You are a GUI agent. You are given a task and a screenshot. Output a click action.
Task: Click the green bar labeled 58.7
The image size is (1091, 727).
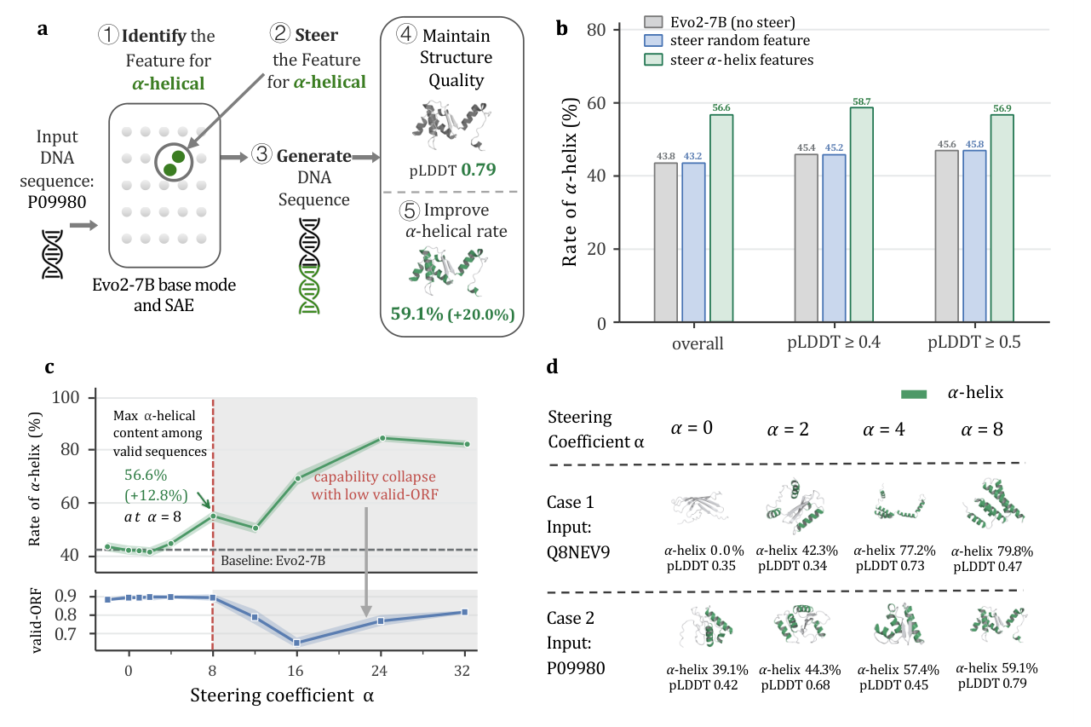click(861, 215)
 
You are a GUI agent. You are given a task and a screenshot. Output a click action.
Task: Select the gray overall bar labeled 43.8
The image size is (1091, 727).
click(665, 242)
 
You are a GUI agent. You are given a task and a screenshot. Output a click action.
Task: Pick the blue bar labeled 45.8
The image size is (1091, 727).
click(974, 236)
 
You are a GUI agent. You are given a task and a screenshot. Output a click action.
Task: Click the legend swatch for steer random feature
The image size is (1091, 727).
click(652, 40)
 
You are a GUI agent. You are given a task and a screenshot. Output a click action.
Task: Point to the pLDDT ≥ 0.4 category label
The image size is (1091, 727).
click(833, 342)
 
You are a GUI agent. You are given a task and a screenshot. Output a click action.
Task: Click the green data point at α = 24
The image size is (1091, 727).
click(382, 438)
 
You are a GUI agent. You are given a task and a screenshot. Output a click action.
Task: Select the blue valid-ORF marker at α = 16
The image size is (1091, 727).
click(296, 643)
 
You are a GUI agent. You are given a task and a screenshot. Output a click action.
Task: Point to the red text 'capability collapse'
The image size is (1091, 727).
click(375, 476)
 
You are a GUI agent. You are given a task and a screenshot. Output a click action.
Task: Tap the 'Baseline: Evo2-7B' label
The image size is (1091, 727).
click(273, 560)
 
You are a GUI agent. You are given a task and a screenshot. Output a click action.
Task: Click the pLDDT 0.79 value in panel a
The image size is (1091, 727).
click(452, 170)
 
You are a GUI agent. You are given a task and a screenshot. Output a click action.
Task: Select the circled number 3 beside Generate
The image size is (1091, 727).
click(261, 154)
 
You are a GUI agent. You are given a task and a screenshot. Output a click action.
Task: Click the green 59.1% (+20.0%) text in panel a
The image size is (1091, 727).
click(452, 314)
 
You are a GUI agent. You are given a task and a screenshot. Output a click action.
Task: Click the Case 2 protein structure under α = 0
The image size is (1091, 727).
click(706, 626)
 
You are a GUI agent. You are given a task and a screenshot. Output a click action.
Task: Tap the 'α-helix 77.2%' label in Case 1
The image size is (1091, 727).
click(894, 551)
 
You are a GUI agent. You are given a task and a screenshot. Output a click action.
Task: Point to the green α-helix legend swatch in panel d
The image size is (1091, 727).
click(914, 395)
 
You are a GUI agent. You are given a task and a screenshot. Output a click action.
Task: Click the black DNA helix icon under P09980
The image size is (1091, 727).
click(53, 254)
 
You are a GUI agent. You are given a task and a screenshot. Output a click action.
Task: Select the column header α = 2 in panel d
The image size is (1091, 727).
click(788, 430)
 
